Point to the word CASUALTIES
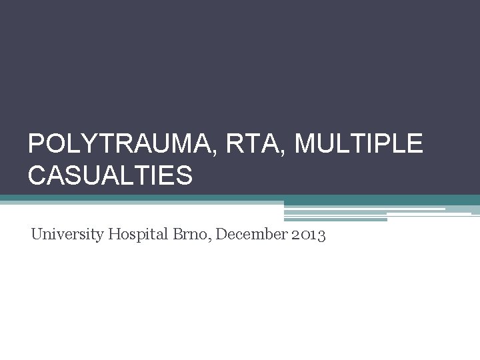(110, 175)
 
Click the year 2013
(309, 235)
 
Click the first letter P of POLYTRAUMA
(36, 144)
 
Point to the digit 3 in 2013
(321, 235)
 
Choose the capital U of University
(37, 234)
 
